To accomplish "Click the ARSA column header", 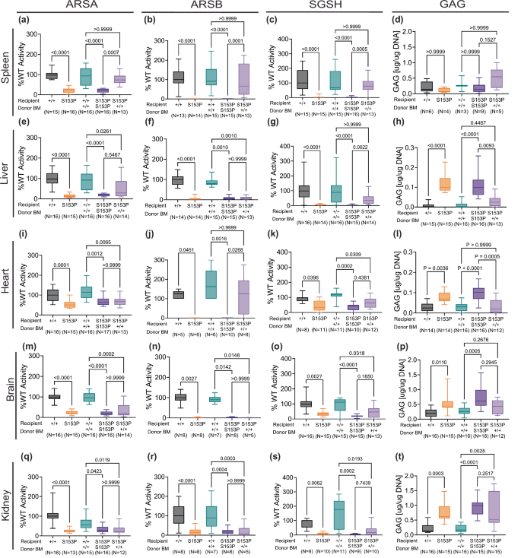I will click(x=78, y=7).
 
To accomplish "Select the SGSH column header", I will click(x=327, y=7).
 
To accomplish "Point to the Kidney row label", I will click(x=8, y=503).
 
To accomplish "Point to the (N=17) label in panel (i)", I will click(x=94, y=332).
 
